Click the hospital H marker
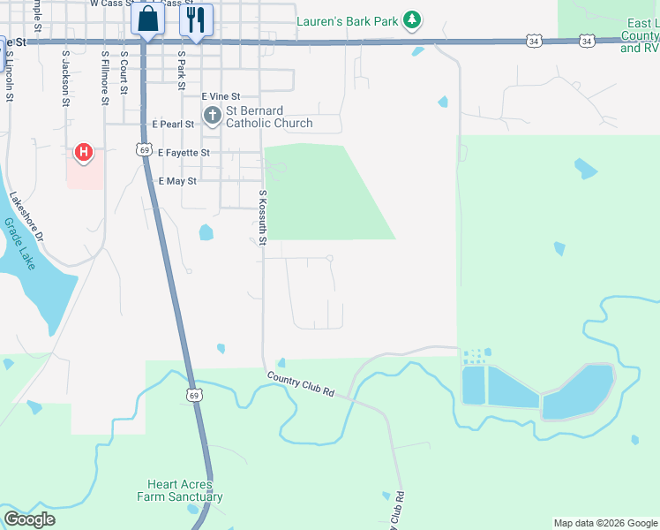click(83, 154)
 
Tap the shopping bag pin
click(147, 19)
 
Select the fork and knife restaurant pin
click(196, 19)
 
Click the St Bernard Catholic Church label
click(269, 117)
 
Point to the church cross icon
click(213, 116)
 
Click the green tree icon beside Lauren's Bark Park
click(411, 19)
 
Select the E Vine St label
click(221, 96)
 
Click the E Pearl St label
click(173, 125)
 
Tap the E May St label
click(176, 181)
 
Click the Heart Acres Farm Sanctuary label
click(179, 490)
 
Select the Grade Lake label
click(19, 244)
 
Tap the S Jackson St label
click(65, 78)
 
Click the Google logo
click(29, 519)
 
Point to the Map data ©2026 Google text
click(605, 523)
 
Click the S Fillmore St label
click(104, 77)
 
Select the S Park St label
click(181, 70)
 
